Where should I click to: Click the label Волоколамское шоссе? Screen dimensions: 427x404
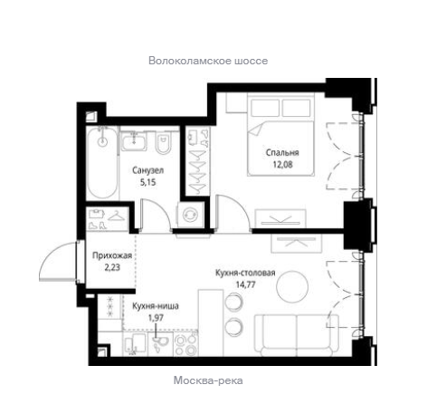point(208,61)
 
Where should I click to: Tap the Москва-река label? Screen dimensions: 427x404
point(208,380)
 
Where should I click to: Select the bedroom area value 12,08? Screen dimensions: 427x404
point(282,165)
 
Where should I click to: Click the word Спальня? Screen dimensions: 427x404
point(282,152)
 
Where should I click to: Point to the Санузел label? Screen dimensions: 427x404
point(147,170)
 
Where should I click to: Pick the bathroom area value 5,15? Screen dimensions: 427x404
point(147,182)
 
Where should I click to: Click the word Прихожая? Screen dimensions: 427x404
point(112,255)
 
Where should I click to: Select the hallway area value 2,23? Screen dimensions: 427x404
point(112,267)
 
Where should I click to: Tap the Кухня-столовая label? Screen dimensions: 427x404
point(245,273)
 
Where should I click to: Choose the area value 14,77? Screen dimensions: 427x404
point(246,284)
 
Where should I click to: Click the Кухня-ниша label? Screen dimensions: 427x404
point(156,306)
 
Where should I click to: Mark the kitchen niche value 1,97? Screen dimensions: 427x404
point(156,318)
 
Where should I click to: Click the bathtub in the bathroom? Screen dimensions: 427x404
point(102,162)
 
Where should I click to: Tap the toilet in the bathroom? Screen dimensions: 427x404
point(163,142)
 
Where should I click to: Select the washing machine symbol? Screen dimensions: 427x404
point(190,215)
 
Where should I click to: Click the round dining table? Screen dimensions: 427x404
point(292,285)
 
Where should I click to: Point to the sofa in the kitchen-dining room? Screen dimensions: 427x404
point(297,335)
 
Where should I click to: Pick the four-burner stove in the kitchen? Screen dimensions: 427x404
point(186,344)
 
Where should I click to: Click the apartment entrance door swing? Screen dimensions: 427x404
point(57,262)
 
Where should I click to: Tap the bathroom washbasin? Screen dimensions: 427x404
point(134,140)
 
